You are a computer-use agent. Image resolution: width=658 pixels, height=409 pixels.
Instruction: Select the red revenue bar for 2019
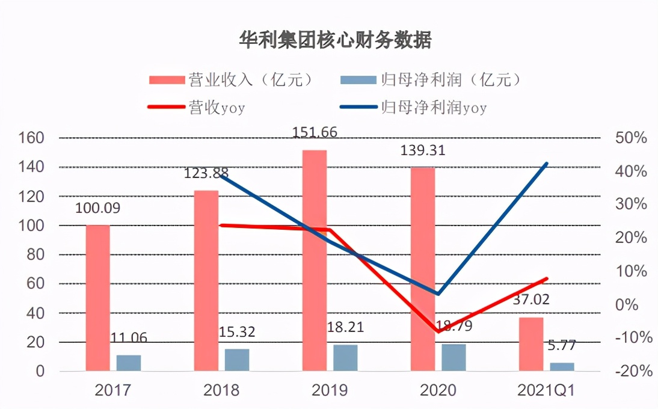click(x=315, y=260)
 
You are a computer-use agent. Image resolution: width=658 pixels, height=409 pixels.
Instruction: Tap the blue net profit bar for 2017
click(x=129, y=363)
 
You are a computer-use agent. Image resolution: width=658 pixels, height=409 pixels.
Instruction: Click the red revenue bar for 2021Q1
click(x=531, y=343)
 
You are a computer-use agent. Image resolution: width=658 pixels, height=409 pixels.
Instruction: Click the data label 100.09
click(x=97, y=208)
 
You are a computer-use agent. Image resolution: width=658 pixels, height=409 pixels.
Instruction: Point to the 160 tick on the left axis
click(x=32, y=138)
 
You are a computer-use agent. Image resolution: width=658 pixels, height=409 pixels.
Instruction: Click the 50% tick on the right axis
click(x=632, y=138)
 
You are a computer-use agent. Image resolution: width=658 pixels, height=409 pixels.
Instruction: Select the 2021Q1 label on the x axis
click(x=546, y=390)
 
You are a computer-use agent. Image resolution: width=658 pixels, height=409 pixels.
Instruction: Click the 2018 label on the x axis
click(x=221, y=390)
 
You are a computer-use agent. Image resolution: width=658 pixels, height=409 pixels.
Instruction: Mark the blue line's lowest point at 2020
click(x=438, y=294)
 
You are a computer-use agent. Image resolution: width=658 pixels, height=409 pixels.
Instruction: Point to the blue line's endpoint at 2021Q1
click(x=547, y=164)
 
